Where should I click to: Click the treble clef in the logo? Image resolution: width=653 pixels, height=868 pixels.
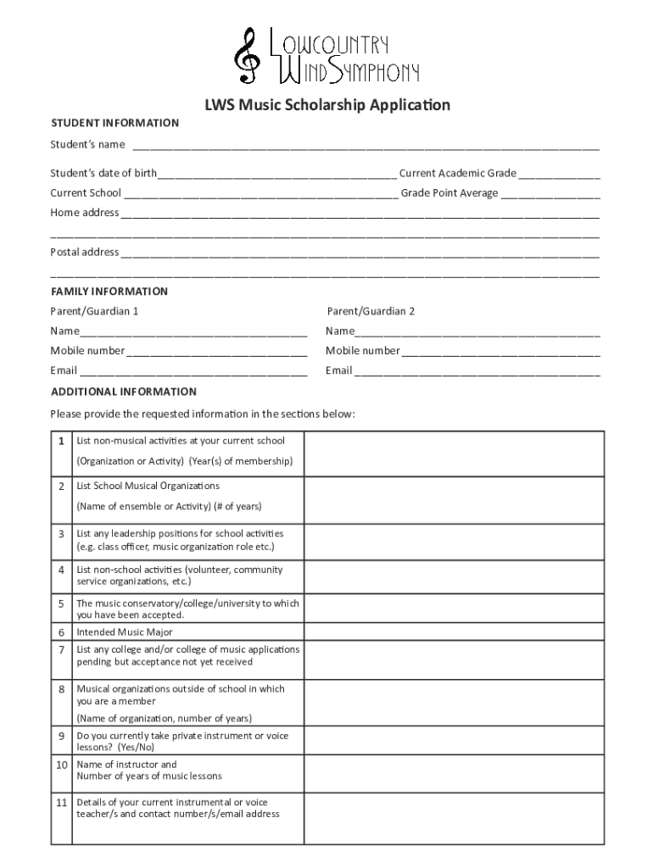(x=248, y=54)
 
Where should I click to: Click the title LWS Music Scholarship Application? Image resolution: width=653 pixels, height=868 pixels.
(x=326, y=105)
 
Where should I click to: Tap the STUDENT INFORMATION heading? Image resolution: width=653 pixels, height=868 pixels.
(x=114, y=123)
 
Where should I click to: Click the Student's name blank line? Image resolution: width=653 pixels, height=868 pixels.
(x=365, y=146)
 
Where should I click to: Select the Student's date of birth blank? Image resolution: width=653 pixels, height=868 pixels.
(x=276, y=175)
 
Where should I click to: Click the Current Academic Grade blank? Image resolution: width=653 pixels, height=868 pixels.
(x=559, y=175)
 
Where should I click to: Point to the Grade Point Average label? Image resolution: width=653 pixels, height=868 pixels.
(x=449, y=193)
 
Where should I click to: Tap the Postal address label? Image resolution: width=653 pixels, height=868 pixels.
(x=84, y=252)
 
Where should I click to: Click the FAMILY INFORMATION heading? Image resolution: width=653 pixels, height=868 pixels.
(x=109, y=292)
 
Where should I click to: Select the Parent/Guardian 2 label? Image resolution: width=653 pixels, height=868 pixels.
(x=371, y=311)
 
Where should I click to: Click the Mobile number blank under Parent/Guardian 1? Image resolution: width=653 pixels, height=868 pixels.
(x=215, y=352)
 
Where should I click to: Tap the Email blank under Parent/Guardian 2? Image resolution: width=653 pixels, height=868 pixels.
(x=477, y=371)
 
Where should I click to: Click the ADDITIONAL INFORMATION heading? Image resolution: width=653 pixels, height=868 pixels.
(x=124, y=392)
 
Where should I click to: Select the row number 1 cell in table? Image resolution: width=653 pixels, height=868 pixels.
(x=61, y=442)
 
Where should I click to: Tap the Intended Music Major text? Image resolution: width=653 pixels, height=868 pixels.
(x=125, y=632)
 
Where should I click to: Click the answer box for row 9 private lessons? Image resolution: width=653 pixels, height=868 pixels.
(x=454, y=742)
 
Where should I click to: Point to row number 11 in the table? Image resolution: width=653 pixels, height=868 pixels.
(x=61, y=802)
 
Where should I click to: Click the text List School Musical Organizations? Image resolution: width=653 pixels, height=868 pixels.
(x=148, y=487)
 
